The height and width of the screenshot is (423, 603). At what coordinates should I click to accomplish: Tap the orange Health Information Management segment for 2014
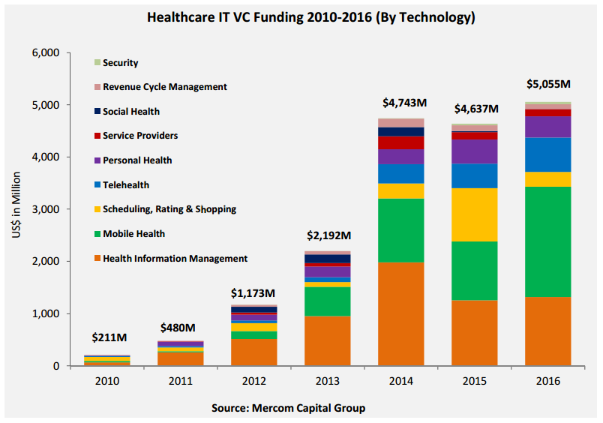point(400,313)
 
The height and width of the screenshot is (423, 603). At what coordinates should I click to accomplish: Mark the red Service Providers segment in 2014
point(400,142)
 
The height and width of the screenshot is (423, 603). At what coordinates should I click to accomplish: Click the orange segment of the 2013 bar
point(328,340)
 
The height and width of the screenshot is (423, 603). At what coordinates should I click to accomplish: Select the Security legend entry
point(120,63)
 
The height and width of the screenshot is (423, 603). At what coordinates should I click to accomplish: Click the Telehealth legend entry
point(127,184)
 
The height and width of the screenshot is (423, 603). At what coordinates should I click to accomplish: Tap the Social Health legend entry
point(130,112)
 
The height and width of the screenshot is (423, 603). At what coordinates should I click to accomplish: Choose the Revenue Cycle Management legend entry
point(164,87)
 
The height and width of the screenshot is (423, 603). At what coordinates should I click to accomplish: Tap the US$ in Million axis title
point(18,210)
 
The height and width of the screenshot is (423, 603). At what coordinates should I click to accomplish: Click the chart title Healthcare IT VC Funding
point(301,16)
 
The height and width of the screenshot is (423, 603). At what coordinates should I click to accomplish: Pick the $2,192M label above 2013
point(328,235)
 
